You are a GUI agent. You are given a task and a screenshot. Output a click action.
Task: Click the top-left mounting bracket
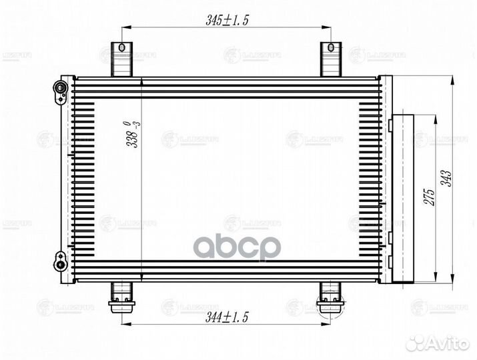(121, 59)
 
